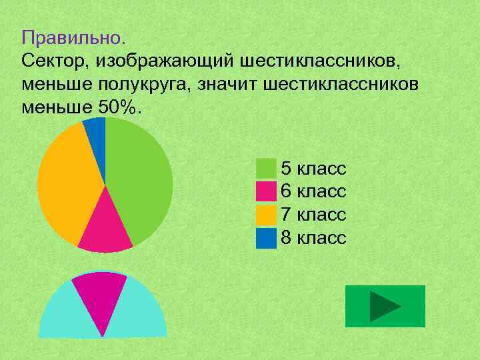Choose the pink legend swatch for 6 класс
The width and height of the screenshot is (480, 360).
click(x=266, y=191)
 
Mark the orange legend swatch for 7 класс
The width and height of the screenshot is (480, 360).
click(x=266, y=215)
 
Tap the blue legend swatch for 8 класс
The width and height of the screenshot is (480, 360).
click(x=266, y=238)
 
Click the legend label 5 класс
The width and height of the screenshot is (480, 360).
click(x=313, y=168)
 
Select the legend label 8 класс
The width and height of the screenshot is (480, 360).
click(x=313, y=238)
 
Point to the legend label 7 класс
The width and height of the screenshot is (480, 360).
click(x=313, y=215)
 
